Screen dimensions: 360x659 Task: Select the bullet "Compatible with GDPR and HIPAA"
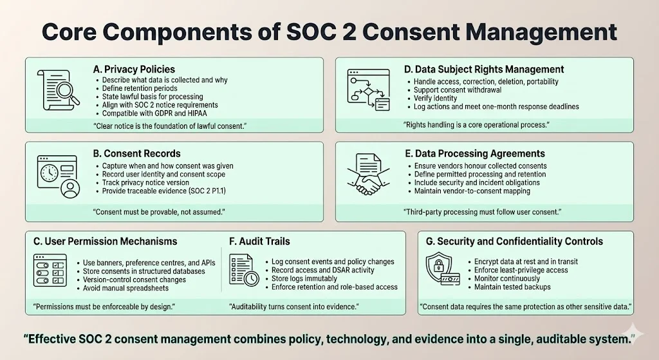pos(152,113)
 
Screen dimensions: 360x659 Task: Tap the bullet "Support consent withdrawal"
pos(453,90)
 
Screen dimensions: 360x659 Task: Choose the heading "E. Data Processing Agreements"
pos(474,154)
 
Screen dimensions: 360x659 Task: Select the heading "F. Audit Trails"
pos(259,242)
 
